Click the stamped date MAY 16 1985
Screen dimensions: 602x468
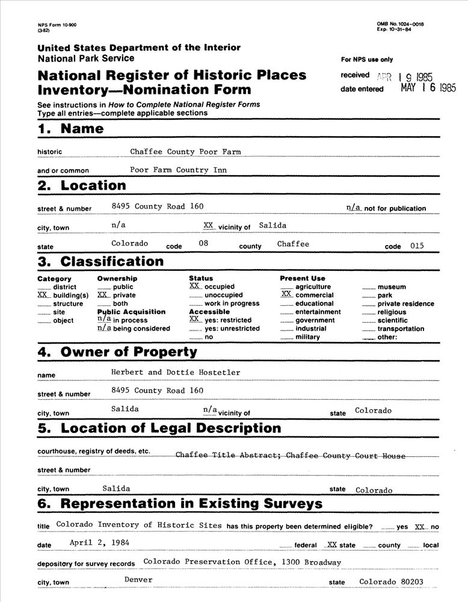pyautogui.click(x=428, y=87)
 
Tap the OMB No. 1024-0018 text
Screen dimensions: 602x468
pyautogui.click(x=400, y=23)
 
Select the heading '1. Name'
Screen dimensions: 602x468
pyautogui.click(x=70, y=129)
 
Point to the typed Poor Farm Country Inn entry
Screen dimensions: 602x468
pyautogui.click(x=178, y=170)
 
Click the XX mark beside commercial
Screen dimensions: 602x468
pyautogui.click(x=286, y=295)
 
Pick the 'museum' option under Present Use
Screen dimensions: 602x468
pyautogui.click(x=391, y=287)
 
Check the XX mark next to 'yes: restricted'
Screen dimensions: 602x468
pyautogui.click(x=194, y=320)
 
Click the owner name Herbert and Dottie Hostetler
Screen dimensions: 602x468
pyautogui.click(x=176, y=373)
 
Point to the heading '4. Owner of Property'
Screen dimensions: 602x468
pyautogui.click(x=117, y=352)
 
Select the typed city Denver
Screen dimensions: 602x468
pyautogui.click(x=138, y=580)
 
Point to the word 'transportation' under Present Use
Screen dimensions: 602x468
pyautogui.click(x=401, y=329)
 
